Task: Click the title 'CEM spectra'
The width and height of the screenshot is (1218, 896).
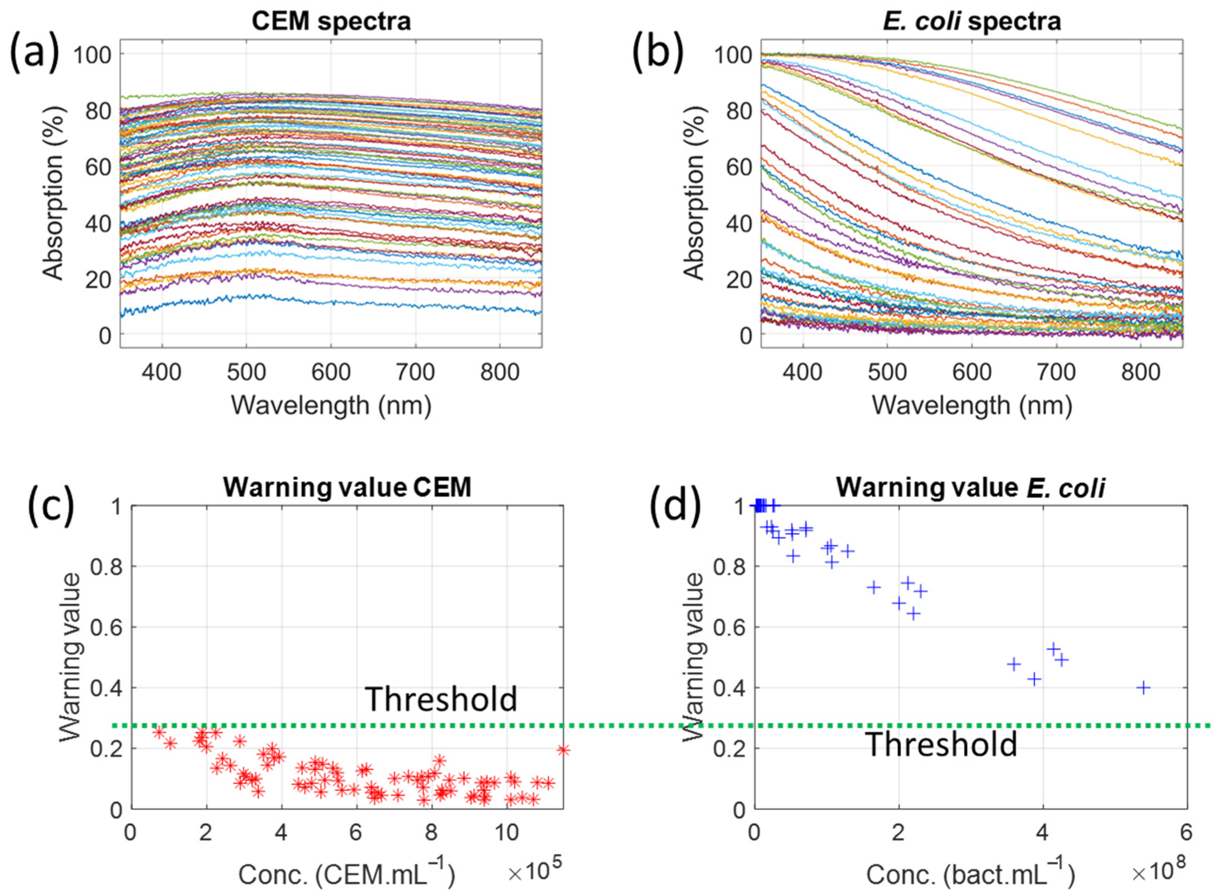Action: pos(331,22)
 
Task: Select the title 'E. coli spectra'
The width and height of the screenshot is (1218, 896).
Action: pos(971,22)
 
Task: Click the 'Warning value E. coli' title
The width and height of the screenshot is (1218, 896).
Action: pos(970,487)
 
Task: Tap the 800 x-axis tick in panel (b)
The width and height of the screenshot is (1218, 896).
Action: pos(1140,372)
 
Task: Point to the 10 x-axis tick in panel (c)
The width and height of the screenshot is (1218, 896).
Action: pos(507,832)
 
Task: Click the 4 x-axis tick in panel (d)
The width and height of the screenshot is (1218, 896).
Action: pos(1042,832)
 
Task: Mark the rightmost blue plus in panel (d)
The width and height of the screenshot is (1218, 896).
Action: pos(1143,688)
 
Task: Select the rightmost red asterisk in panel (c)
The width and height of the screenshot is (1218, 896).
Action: pos(563,750)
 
